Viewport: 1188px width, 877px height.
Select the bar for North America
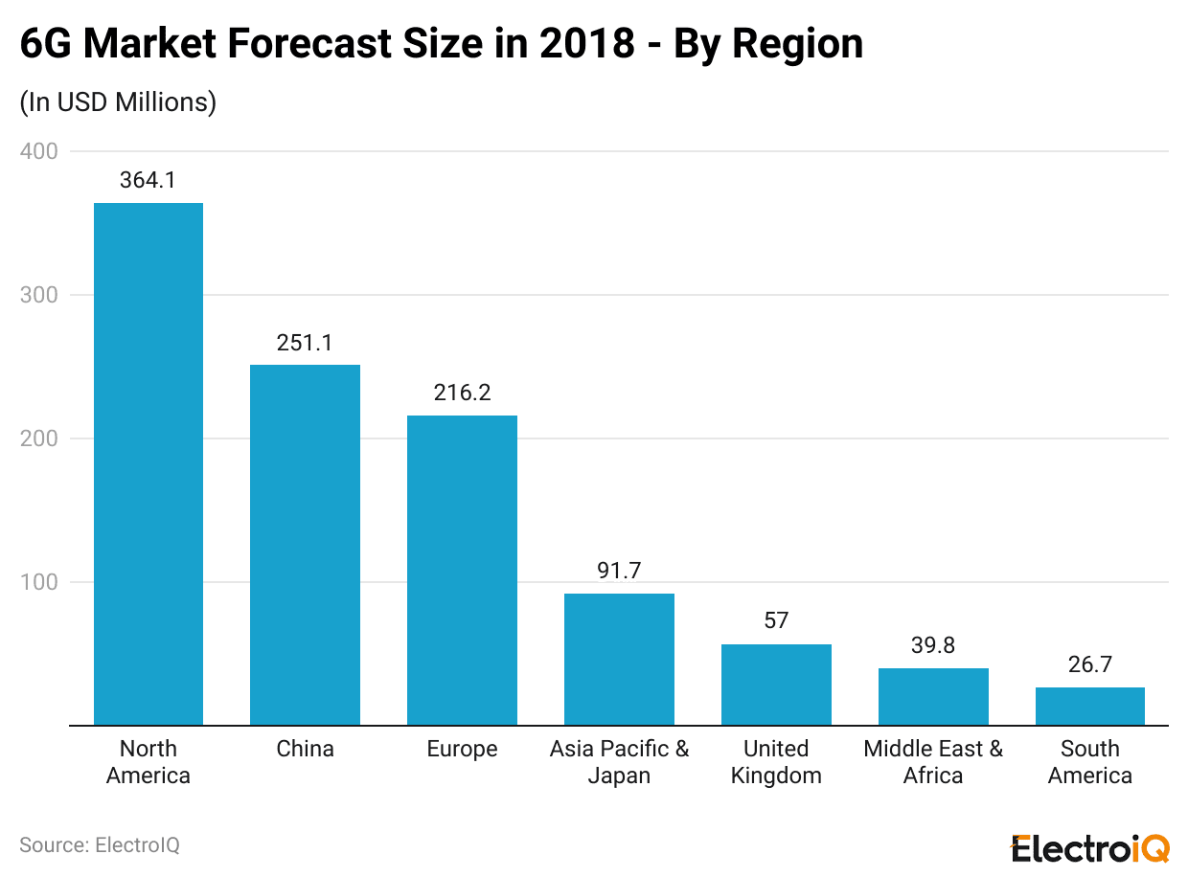coord(148,464)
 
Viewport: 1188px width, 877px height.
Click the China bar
coord(305,545)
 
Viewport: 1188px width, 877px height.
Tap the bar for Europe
coord(462,570)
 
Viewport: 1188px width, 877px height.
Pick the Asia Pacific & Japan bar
coord(619,660)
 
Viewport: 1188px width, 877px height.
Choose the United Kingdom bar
coord(776,685)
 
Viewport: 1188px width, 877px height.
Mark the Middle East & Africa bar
coord(933,697)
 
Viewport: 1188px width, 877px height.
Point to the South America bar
coord(1089,707)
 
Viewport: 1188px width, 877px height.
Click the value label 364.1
coord(148,180)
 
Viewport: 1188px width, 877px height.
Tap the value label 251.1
coord(305,343)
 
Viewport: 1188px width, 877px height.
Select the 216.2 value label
coord(462,393)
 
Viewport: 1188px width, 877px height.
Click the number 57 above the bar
coord(776,620)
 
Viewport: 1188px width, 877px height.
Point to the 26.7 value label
coord(1089,664)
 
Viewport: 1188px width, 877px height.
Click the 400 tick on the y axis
coord(38,151)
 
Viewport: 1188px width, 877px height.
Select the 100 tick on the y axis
coord(38,582)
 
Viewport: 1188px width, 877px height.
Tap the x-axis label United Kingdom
coord(776,762)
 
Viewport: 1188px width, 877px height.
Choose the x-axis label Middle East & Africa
coord(933,762)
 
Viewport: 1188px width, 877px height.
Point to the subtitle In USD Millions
coord(118,102)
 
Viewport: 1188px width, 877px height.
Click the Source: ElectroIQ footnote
coord(100,845)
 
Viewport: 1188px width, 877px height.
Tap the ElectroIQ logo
coord(1089,847)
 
